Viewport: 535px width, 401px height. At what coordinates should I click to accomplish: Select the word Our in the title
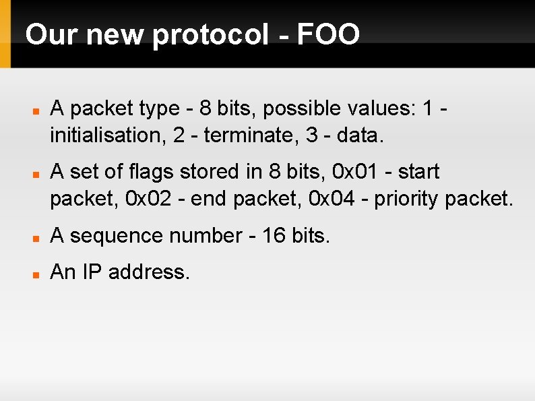pyautogui.click(x=51, y=34)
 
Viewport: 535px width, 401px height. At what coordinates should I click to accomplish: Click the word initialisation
pyautogui.click(x=108, y=135)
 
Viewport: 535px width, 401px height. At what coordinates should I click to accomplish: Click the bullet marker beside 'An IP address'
pyautogui.click(x=36, y=274)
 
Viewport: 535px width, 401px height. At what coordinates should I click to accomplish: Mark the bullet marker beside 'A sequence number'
pyautogui.click(x=36, y=237)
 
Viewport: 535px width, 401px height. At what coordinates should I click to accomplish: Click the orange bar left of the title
pyautogui.click(x=5, y=34)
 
